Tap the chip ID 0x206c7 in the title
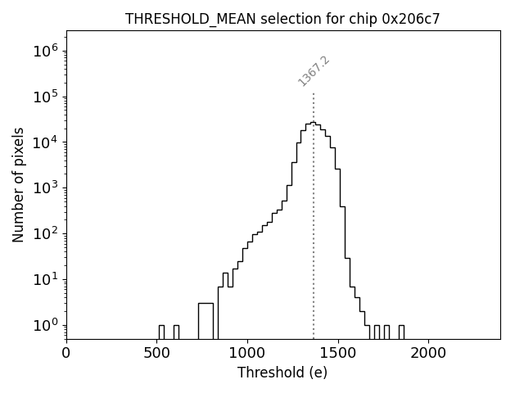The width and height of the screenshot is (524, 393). pyautogui.click(x=411, y=19)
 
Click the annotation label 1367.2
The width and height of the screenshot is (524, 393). pyautogui.click(x=314, y=71)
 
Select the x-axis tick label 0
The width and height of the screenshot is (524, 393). pyautogui.click(x=66, y=354)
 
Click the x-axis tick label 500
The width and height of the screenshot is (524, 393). pyautogui.click(x=156, y=354)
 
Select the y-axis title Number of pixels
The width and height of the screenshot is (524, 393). pyautogui.click(x=19, y=185)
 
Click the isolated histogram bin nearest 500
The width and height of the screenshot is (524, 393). pyautogui.click(x=161, y=331)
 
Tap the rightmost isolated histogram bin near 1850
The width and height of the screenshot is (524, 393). pyautogui.click(x=401, y=331)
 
